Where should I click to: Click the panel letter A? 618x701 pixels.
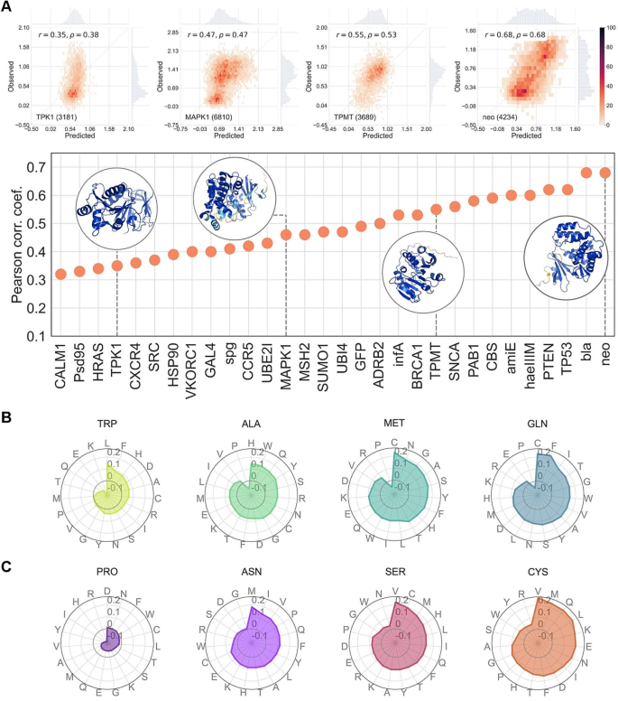[6, 6]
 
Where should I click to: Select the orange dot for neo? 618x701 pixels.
[604, 173]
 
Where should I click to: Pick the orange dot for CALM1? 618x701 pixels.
[60, 274]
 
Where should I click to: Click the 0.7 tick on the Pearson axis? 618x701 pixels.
[35, 168]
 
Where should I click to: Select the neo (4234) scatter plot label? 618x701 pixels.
[488, 117]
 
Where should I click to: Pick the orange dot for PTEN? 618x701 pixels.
[548, 190]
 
